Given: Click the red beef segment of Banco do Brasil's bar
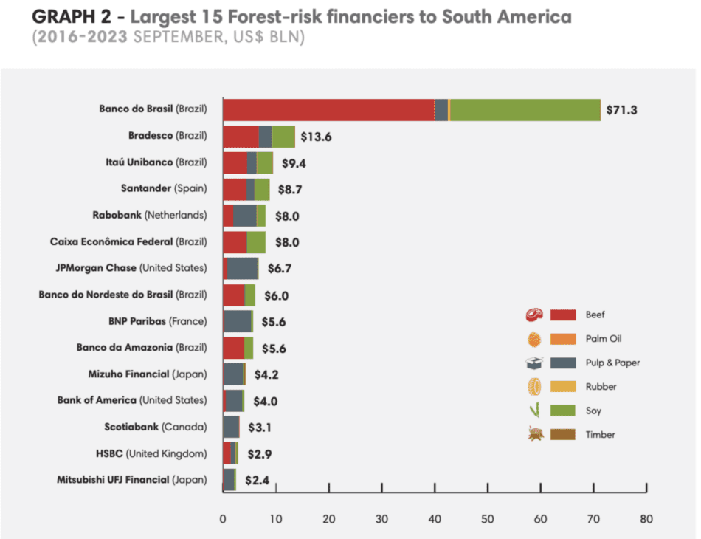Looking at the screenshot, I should pos(328,109).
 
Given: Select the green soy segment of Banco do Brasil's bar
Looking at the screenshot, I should pos(525,109).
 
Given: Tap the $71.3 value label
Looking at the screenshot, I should pos(621,110).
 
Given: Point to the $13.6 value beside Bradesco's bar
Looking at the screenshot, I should pos(316,137).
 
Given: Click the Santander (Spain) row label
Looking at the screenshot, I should pos(164,189).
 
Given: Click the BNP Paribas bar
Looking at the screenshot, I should pos(238,321).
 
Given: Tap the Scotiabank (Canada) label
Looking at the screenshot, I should pos(156,427).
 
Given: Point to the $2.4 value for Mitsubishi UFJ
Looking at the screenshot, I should pos(257,480).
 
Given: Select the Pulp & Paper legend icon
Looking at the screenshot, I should pos(534,363).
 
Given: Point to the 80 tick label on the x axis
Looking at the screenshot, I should pos(646,519).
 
